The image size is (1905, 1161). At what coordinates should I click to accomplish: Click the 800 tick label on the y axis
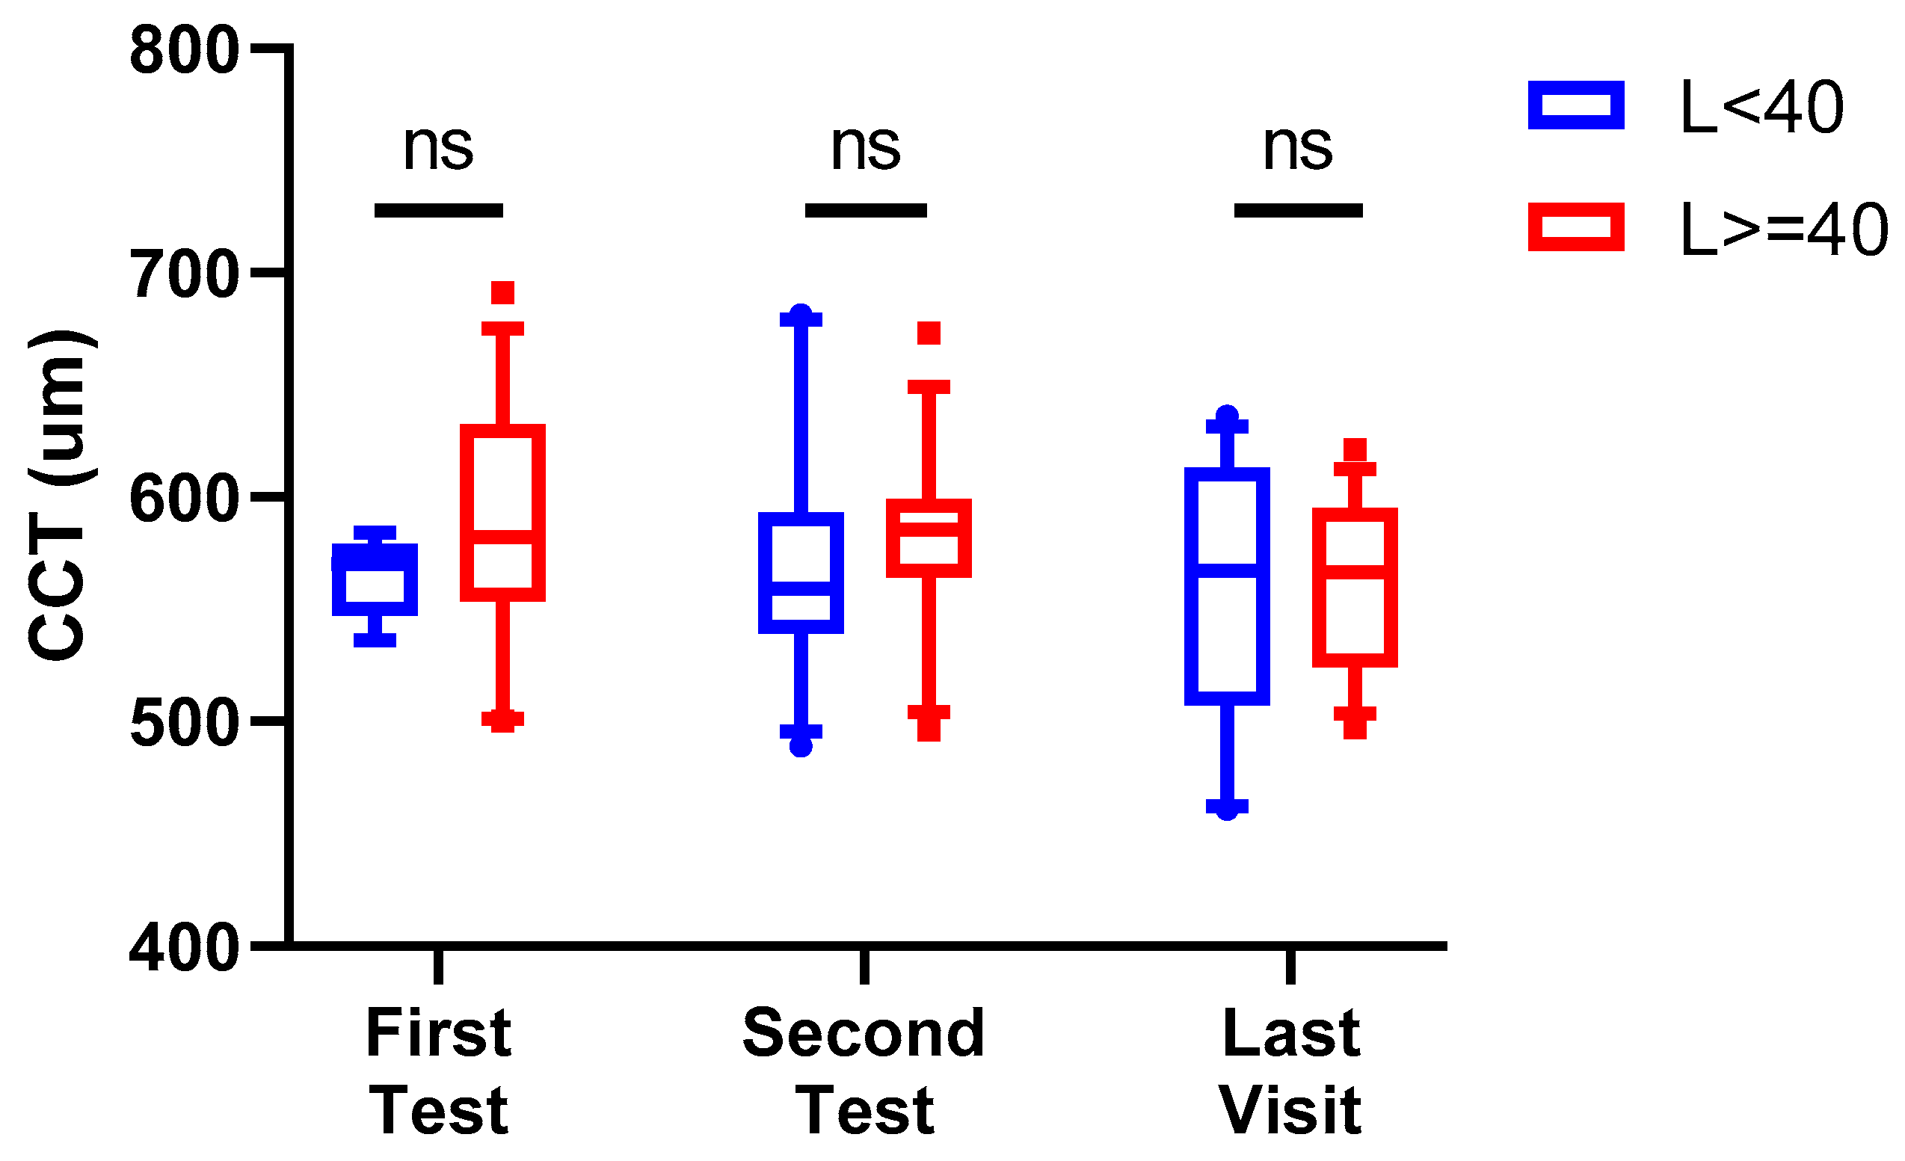click(184, 51)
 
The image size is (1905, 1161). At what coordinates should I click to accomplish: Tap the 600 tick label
click(184, 499)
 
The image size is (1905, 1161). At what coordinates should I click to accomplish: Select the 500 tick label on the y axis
click(184, 723)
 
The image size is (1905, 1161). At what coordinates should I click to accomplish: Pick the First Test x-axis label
click(438, 1071)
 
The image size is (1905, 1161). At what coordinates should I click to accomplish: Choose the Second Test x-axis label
click(864, 1071)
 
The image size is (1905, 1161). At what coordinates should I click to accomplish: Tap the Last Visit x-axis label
click(1290, 1071)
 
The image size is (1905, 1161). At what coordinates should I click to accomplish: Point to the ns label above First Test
click(437, 147)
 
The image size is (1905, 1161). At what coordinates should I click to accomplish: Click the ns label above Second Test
click(865, 147)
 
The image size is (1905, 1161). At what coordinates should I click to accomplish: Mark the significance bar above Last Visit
click(1298, 210)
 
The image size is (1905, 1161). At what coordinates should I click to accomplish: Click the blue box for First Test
click(375, 579)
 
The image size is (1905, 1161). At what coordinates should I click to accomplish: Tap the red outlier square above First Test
click(502, 293)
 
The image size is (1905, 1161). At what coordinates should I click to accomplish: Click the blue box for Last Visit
click(1227, 586)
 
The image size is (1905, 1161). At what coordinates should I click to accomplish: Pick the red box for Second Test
click(929, 538)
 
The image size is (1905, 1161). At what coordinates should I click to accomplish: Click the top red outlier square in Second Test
click(929, 333)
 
